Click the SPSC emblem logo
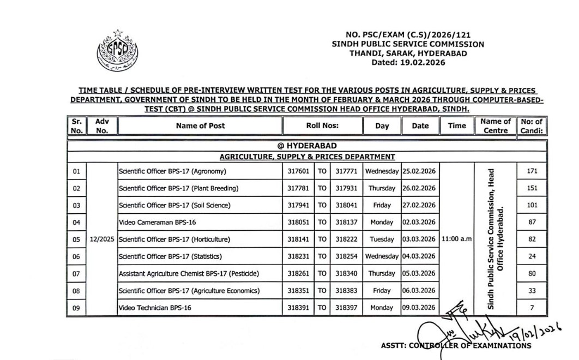[117, 53]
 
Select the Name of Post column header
[200, 126]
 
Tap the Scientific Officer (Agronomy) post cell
[172, 171]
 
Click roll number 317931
[346, 188]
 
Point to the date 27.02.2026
[419, 205]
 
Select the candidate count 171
[532, 171]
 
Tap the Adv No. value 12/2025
[102, 239]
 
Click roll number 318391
[298, 308]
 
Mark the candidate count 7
[532, 308]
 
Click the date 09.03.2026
[419, 308]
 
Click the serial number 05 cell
[76, 239]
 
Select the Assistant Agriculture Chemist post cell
[189, 273]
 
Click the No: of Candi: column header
[532, 126]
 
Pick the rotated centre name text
[496, 239]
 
